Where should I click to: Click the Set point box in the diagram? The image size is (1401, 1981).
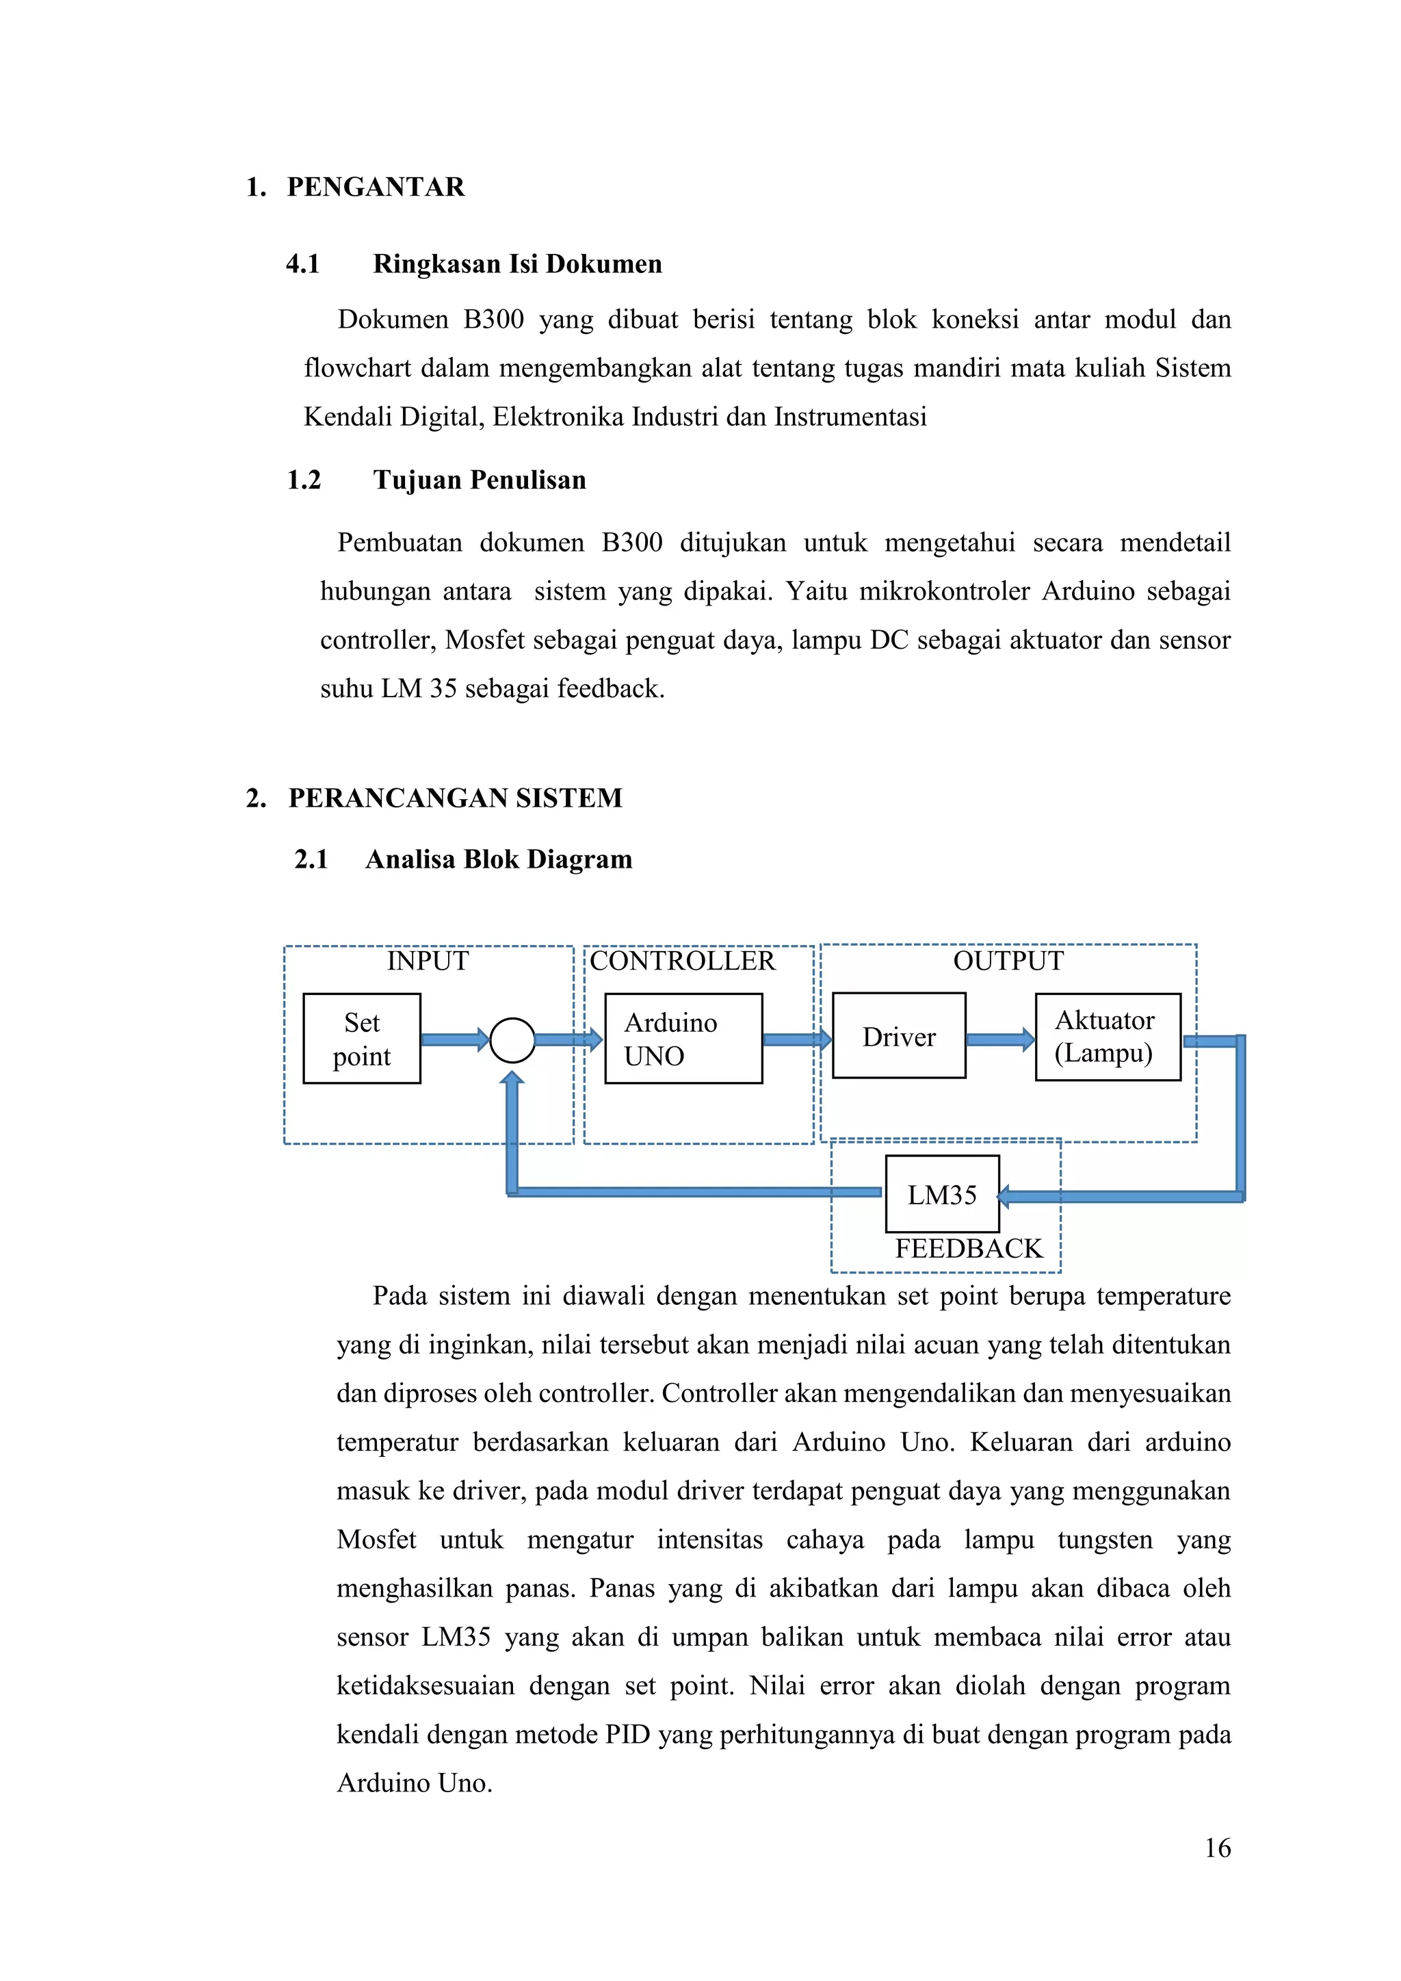coord(361,1038)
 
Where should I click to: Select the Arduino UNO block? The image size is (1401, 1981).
coord(683,1038)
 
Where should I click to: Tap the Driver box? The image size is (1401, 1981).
coord(899,1035)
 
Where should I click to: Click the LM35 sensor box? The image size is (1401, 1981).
coord(942,1194)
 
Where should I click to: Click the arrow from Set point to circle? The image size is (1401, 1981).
coord(455,1039)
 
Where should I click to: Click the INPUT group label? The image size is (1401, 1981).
coord(428,960)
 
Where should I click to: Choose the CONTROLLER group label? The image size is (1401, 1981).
coord(683,960)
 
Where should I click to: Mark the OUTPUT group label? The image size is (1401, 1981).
coord(1008,960)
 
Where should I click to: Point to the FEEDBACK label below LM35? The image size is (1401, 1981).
coord(969,1249)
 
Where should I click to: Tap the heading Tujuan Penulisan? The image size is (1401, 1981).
coord(480,480)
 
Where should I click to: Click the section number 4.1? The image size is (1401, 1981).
coord(303,264)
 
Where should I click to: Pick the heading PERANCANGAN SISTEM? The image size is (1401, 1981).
coord(456,797)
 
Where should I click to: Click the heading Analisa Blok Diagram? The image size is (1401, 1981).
coord(499,859)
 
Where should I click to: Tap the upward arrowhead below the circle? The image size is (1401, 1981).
coord(512,1078)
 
